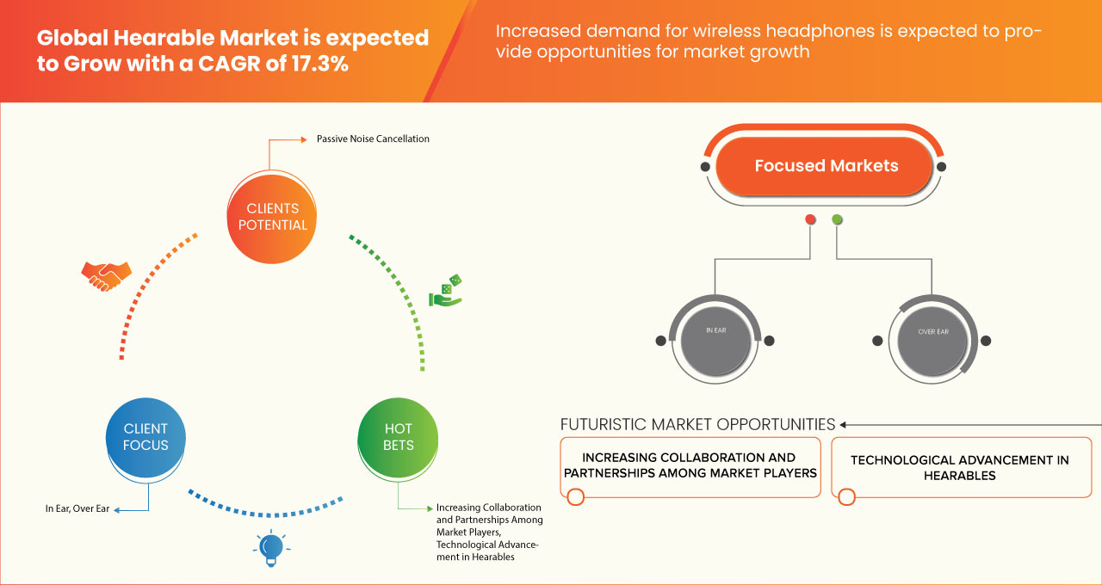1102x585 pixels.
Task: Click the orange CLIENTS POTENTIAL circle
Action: coord(271,218)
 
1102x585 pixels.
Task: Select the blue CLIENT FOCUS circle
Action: coord(145,437)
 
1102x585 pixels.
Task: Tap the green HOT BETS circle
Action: coord(398,437)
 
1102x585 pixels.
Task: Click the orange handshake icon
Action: coord(106,276)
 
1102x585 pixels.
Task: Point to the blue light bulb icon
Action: coord(271,548)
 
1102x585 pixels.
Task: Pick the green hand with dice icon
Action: coord(446,291)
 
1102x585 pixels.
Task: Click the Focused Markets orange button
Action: coord(825,166)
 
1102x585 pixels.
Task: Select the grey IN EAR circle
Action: coord(715,341)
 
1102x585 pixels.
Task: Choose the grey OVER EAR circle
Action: coord(932,341)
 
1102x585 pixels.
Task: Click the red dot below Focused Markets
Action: coord(810,219)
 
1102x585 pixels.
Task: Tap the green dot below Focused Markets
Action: coord(837,219)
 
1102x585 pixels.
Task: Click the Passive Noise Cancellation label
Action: coord(373,139)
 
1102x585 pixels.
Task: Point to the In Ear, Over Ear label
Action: coord(77,508)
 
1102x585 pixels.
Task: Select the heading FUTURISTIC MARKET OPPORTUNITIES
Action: coord(697,424)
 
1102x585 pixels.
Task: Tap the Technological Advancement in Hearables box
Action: coord(962,467)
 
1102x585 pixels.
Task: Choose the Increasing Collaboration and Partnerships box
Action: coord(690,467)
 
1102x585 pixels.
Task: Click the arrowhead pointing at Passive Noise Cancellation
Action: coord(304,139)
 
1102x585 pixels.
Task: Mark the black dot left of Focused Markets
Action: coord(705,167)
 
